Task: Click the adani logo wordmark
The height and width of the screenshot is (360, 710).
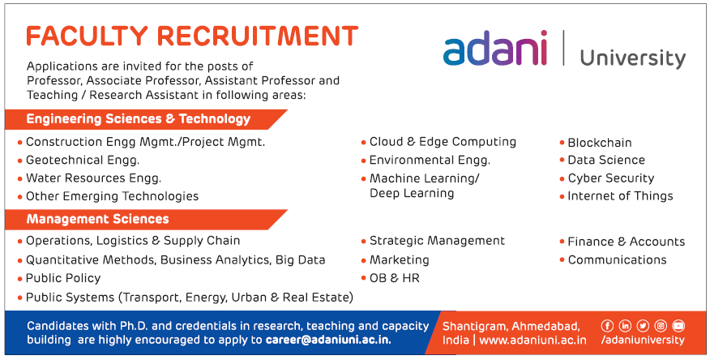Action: [495, 49]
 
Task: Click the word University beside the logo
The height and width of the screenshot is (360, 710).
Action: [632, 58]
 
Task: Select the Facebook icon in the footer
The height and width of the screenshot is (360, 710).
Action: [607, 326]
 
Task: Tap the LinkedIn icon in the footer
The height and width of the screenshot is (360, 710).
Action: [625, 326]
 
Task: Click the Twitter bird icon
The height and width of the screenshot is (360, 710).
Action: [643, 326]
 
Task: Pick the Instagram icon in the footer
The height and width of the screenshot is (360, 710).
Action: [661, 326]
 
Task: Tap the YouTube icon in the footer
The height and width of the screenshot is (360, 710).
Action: [678, 326]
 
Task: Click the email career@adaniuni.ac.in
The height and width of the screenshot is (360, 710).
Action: [328, 340]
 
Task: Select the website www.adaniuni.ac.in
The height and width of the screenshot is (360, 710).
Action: [532, 340]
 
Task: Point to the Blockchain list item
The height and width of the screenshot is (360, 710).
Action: [600, 143]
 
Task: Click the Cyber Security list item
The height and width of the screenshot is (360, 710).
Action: [611, 178]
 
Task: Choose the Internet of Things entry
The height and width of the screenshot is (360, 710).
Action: [620, 196]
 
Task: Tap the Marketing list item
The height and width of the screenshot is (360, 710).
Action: [400, 260]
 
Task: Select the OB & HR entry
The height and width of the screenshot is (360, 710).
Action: [395, 278]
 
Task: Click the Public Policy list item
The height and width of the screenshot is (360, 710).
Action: [63, 278]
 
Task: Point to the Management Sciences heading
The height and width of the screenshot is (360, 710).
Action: [98, 219]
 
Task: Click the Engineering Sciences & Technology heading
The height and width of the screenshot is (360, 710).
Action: [139, 119]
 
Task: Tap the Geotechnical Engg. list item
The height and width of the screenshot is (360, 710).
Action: [83, 161]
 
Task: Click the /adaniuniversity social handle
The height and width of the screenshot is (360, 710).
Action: [643, 340]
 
